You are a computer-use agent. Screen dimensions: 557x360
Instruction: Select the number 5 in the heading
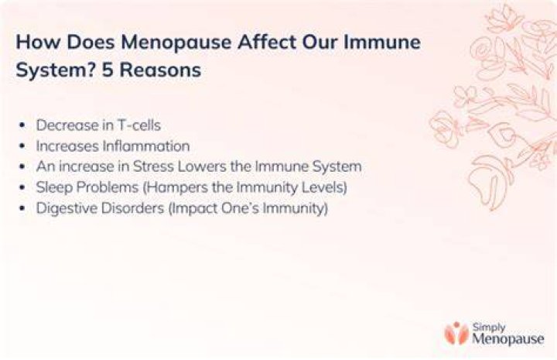(108, 70)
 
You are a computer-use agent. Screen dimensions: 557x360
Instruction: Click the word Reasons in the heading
(160, 70)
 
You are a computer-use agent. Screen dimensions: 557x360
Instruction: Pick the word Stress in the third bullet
(153, 166)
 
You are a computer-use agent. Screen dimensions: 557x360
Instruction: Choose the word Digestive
(67, 208)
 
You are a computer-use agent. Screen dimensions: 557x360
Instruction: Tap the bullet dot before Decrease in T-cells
(22, 125)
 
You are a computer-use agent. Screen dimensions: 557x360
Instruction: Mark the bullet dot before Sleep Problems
(22, 187)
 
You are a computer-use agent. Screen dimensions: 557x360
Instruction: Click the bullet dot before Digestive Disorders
(22, 208)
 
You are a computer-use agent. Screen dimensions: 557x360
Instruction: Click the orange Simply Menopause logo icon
(456, 333)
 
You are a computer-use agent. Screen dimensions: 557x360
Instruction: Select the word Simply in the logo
(489, 327)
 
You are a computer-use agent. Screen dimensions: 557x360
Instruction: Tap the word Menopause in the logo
(508, 338)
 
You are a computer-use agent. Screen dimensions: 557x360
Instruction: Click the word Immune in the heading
(382, 42)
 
